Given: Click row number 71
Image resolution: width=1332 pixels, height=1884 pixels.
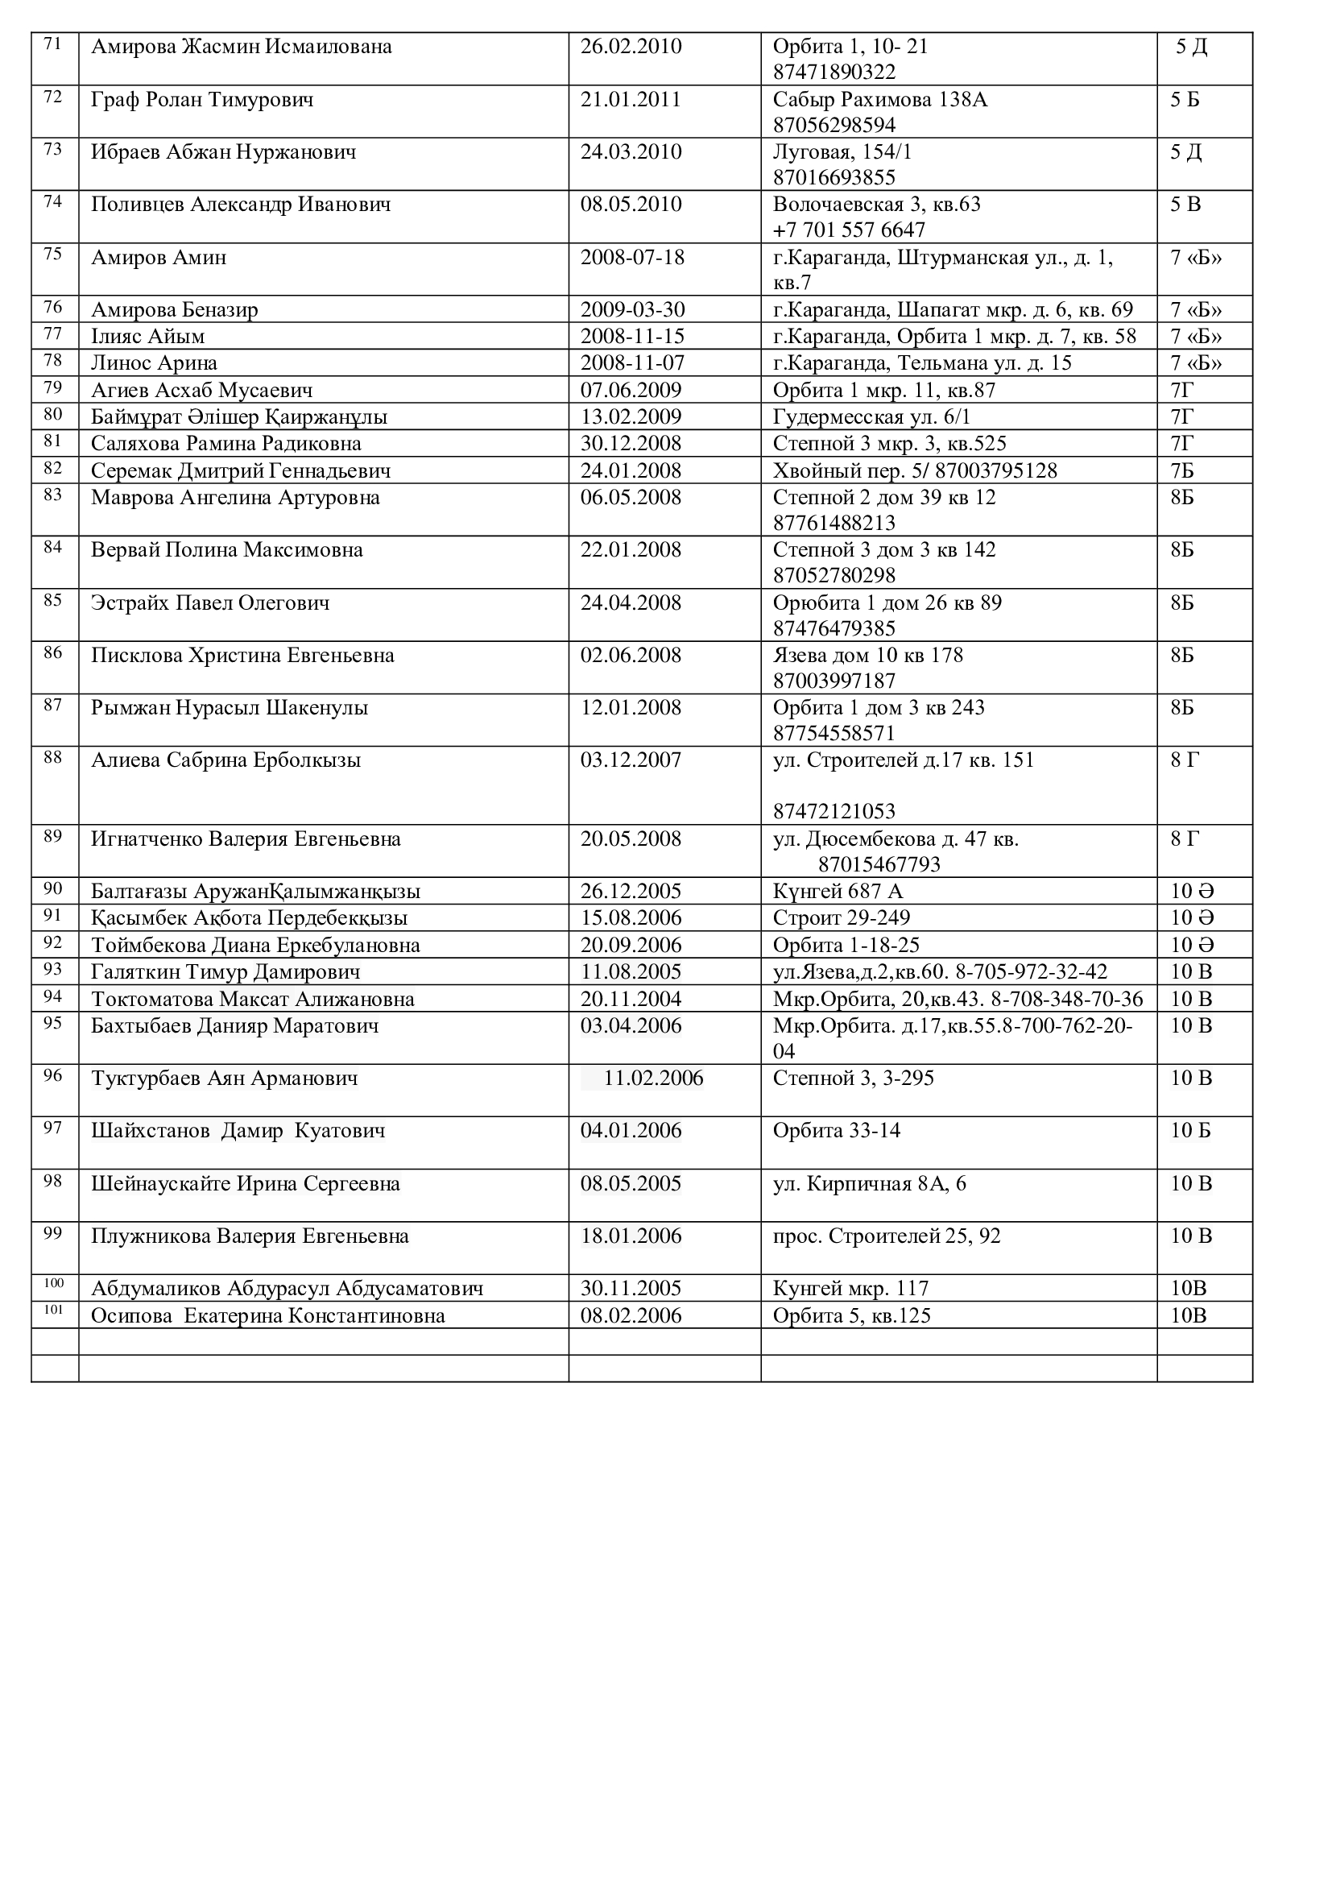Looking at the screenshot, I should pyautogui.click(x=52, y=44).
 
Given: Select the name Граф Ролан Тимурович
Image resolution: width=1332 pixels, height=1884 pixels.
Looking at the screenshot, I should pyautogui.click(x=202, y=100).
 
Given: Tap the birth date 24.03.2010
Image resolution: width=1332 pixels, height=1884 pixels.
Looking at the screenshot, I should pyautogui.click(x=631, y=152).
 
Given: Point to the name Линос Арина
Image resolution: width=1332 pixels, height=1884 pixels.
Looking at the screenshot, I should pyautogui.click(x=154, y=362).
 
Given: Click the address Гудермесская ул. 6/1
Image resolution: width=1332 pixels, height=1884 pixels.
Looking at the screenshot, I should pyautogui.click(x=871, y=417).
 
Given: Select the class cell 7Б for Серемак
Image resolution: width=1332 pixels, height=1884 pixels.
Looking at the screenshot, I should pyautogui.click(x=1182, y=470).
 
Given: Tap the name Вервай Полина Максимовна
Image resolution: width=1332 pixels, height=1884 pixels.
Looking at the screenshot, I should pyautogui.click(x=226, y=550).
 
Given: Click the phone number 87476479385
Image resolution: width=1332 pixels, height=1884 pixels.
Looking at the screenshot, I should pyautogui.click(x=834, y=628).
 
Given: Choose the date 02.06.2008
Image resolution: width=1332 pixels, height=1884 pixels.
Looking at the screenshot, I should pyautogui.click(x=631, y=656).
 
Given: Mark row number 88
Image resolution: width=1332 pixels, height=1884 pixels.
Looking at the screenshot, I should pyautogui.click(x=52, y=756).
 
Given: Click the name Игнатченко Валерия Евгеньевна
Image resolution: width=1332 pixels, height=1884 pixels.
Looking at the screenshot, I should pyautogui.click(x=246, y=839).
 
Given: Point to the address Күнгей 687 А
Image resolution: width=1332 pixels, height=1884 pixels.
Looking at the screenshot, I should pyautogui.click(x=838, y=891).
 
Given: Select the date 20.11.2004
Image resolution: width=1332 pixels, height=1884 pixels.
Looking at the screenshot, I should pyautogui.click(x=631, y=1000).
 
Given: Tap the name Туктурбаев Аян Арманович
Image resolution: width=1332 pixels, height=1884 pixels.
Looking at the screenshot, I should pyautogui.click(x=224, y=1079).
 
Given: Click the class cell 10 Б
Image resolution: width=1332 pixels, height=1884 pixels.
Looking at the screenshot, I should pyautogui.click(x=1190, y=1131).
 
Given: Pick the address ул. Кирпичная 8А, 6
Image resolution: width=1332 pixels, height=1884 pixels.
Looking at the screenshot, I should pyautogui.click(x=870, y=1184).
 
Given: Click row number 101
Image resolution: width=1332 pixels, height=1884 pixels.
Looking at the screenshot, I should pyautogui.click(x=52, y=1309).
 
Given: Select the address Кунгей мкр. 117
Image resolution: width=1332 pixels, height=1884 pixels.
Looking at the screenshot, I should pyautogui.click(x=850, y=1288).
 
